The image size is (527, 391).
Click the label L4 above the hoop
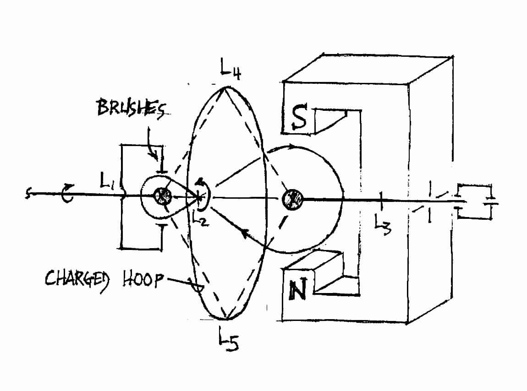tap(231, 69)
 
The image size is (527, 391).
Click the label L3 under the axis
tap(383, 225)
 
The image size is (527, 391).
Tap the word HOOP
tap(143, 279)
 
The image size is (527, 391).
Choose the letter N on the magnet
tap(298, 289)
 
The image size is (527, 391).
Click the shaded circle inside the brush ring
tap(163, 195)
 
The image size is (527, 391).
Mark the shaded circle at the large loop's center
tap(292, 200)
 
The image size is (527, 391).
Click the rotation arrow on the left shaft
tap(67, 193)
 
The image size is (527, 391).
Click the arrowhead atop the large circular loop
tap(292, 147)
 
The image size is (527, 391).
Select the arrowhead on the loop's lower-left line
tap(247, 234)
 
